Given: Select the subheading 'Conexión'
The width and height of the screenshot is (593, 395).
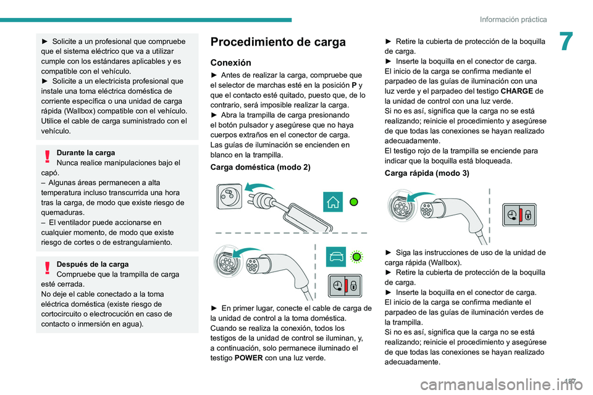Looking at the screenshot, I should (x=230, y=62).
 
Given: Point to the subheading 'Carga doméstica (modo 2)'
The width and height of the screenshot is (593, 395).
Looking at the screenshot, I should (x=260, y=167).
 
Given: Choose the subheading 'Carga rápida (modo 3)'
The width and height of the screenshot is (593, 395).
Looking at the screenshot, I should (x=426, y=173).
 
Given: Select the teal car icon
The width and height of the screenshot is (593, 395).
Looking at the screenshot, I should (x=335, y=256).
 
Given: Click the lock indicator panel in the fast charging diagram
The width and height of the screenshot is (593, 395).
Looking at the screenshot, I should (x=518, y=215).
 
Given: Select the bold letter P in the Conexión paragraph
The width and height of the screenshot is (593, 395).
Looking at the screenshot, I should (x=351, y=85).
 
